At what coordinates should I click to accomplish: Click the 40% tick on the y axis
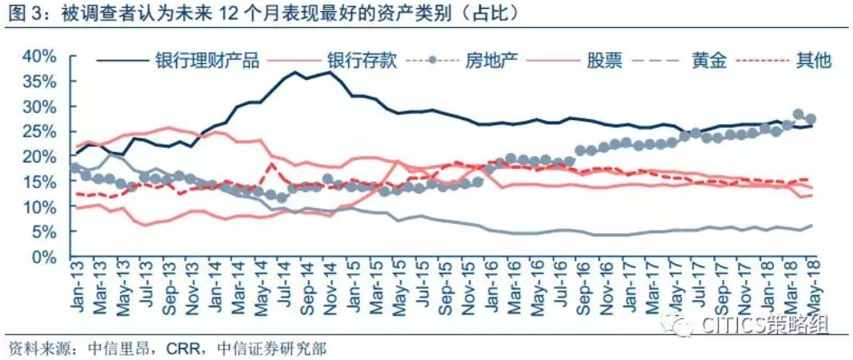[40, 57]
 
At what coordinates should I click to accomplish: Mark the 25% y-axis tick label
[40, 132]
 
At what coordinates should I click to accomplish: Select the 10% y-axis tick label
[40, 207]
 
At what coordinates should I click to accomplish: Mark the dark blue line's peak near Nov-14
[329, 72]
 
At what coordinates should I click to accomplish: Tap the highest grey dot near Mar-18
[798, 114]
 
